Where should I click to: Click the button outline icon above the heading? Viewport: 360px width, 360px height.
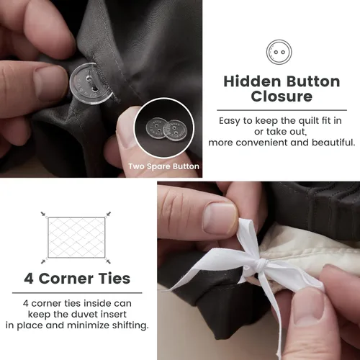point(279,52)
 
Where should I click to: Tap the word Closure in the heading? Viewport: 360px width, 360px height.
point(282,96)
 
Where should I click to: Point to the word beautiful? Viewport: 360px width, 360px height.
point(333,143)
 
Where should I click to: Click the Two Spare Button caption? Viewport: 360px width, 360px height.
point(163,166)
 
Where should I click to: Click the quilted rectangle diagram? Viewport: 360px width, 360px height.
point(76,238)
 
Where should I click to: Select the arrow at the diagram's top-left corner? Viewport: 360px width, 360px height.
point(43,214)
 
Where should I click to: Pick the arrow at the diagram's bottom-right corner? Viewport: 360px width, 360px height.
point(108,261)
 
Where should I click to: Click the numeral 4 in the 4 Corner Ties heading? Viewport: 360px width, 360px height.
point(29,279)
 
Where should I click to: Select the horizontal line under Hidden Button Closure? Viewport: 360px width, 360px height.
point(282,110)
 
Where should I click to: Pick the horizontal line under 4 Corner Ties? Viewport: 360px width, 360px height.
point(77,293)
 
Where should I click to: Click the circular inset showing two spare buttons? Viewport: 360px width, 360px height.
point(163,128)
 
